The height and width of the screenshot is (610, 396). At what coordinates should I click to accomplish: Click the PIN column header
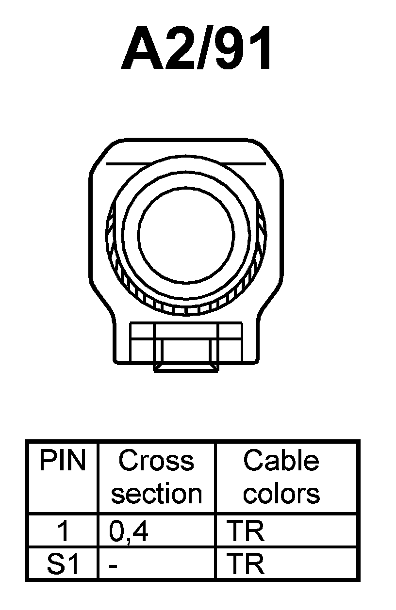(62, 461)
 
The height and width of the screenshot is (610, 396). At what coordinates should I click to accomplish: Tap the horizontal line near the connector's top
(186, 164)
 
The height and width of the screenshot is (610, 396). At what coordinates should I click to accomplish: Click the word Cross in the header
(156, 461)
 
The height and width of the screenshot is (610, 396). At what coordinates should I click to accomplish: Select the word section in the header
(156, 494)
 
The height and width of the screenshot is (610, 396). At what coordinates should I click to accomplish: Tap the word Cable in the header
(281, 461)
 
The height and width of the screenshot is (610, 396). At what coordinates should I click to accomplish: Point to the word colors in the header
(281, 494)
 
